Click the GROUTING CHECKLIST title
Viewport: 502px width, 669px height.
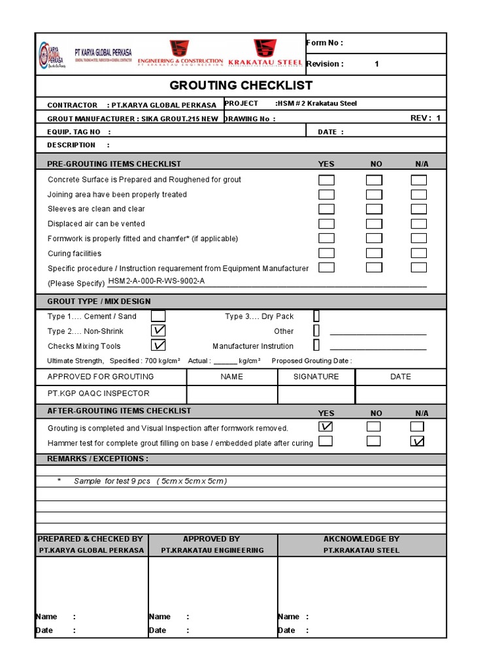(x=241, y=86)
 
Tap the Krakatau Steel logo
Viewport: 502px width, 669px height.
(x=265, y=52)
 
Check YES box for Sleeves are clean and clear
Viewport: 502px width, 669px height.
(x=326, y=209)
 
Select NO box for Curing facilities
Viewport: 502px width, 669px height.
(x=374, y=253)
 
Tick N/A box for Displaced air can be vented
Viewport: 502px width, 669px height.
(x=419, y=224)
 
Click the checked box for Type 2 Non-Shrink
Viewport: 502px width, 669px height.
(x=158, y=331)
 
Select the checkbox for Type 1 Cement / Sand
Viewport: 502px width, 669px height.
(x=158, y=316)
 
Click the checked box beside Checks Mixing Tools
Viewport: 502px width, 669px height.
(x=158, y=346)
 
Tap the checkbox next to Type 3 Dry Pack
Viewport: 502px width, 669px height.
(x=316, y=316)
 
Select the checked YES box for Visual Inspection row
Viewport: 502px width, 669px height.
(x=326, y=427)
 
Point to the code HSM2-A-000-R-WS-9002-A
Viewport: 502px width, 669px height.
(x=157, y=282)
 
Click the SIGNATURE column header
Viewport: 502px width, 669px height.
(x=316, y=377)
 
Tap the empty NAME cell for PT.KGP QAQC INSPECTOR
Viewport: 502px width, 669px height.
(x=232, y=394)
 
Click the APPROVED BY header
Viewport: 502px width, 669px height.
(x=212, y=539)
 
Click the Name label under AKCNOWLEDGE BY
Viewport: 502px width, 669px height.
(x=288, y=617)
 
